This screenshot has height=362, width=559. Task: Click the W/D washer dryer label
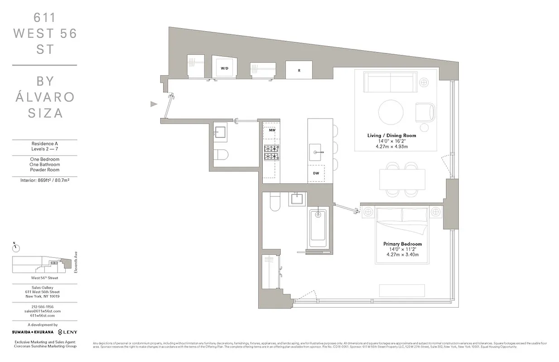click(224, 68)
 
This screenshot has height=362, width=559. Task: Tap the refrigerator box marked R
click(299, 70)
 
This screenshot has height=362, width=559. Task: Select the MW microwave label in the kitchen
click(272, 130)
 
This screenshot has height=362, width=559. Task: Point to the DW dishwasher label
click(316, 173)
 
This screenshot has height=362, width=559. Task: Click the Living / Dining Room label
click(391, 135)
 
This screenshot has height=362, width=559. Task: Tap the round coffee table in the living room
click(391, 111)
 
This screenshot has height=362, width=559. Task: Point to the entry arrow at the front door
click(154, 104)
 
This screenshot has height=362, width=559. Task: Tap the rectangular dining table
click(403, 179)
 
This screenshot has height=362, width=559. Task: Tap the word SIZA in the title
click(45, 113)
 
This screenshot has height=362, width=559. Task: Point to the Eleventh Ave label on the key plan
click(76, 262)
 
